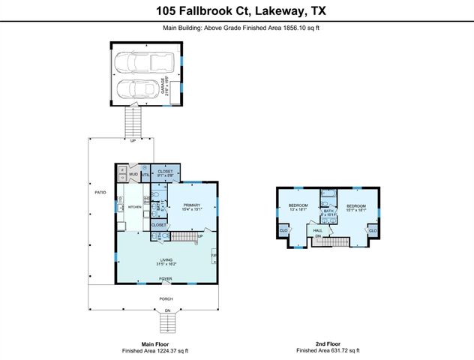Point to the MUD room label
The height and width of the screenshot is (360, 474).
click(133, 175)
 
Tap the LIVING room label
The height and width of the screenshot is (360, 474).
click(165, 261)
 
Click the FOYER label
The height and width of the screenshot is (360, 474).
click(165, 278)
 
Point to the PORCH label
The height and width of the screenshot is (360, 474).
click(165, 298)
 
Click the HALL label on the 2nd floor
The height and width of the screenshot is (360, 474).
click(317, 230)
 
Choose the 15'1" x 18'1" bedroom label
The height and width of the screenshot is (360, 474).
click(355, 207)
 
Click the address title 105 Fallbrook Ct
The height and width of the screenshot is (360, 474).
click(236, 11)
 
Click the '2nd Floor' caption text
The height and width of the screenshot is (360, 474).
click(327, 343)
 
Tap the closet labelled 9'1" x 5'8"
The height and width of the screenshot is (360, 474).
click(165, 173)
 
